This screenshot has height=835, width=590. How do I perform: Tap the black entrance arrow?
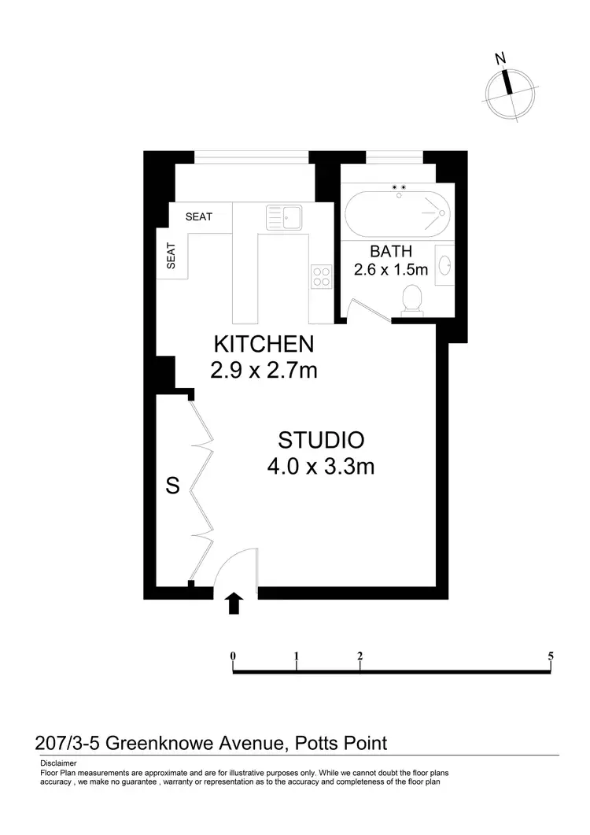coord(234,604)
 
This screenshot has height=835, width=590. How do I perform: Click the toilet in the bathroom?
coord(411,300)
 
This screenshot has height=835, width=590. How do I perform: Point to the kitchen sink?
coord(284,215)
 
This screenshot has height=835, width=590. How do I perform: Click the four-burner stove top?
coord(321,275)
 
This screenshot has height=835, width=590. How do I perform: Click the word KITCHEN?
coord(264,344)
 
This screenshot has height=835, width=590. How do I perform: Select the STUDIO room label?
coord(320,439)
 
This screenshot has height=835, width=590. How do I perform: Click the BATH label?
coord(391,252)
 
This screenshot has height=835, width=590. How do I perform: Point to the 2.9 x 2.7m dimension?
coord(264,369)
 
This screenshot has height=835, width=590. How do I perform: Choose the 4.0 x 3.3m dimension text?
coord(320,467)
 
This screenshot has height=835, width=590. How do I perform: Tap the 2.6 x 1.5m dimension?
coord(391,270)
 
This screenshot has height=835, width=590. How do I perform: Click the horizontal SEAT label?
coord(198,216)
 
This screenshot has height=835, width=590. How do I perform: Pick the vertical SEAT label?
coord(171,255)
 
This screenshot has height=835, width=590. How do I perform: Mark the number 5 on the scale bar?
coord(551,656)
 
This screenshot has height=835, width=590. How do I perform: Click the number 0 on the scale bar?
coord(234,656)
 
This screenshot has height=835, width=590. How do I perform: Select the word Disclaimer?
coord(58,763)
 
